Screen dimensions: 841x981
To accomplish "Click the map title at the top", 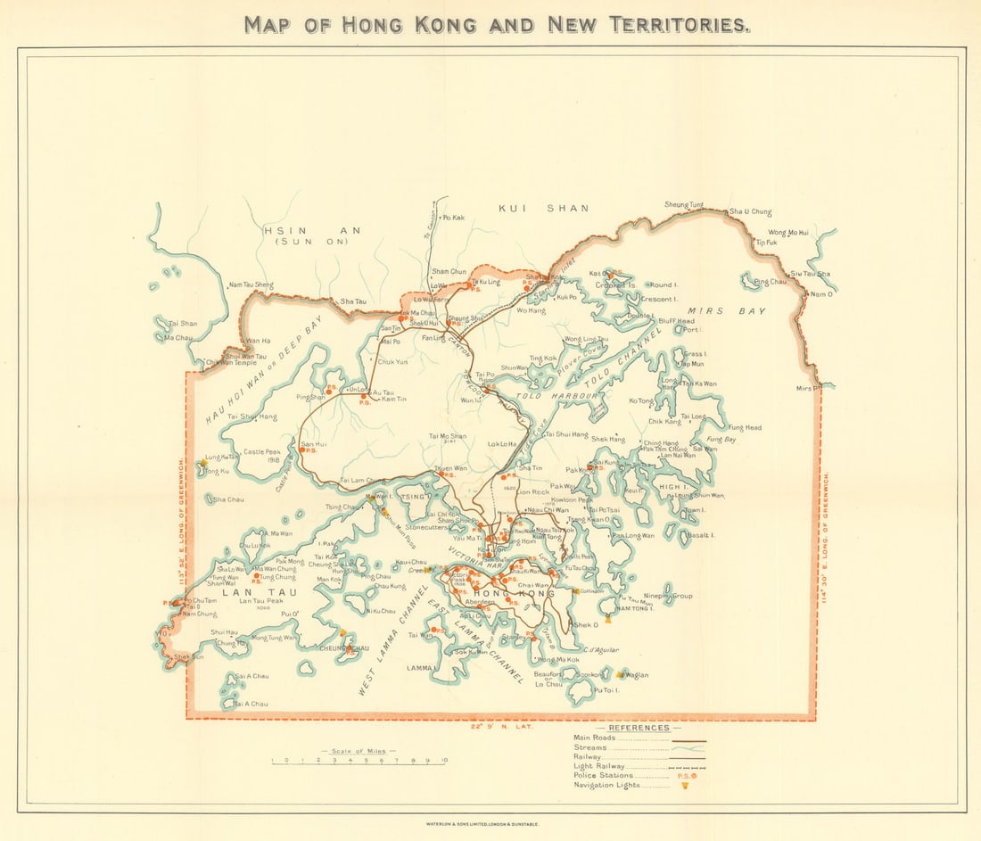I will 497,24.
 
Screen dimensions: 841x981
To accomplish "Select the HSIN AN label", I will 312,231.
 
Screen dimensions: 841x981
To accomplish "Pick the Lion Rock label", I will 533,491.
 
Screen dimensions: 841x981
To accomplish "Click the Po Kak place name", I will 454,217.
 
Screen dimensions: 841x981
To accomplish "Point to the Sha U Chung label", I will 750,211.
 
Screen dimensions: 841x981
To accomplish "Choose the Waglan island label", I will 637,675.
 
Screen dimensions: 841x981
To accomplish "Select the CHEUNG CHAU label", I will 339,648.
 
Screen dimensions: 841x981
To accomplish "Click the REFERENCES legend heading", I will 639,728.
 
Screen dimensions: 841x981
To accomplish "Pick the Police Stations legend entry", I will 606,776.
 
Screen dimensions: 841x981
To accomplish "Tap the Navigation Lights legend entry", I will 607,786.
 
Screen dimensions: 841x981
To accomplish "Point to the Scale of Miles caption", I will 359,752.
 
